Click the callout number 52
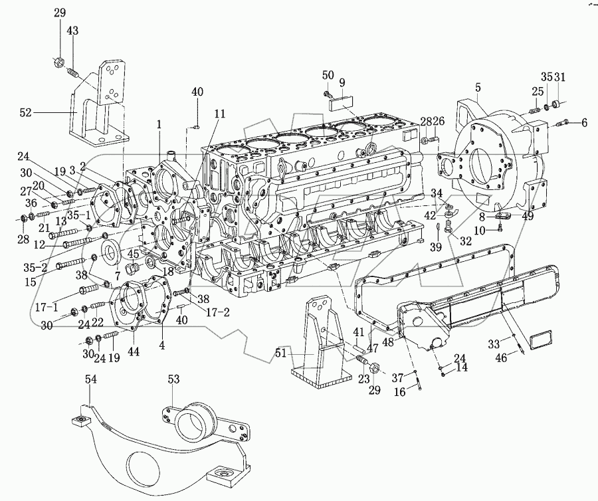(x=25, y=113)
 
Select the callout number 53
(x=173, y=379)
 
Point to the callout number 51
(x=281, y=353)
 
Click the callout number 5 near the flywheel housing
(x=478, y=88)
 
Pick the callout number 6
(x=584, y=122)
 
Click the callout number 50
(x=328, y=74)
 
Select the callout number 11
(x=220, y=114)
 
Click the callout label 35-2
(x=35, y=268)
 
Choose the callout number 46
(x=502, y=357)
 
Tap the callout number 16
(x=400, y=391)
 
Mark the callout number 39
(x=435, y=247)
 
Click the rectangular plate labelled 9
(x=342, y=103)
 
